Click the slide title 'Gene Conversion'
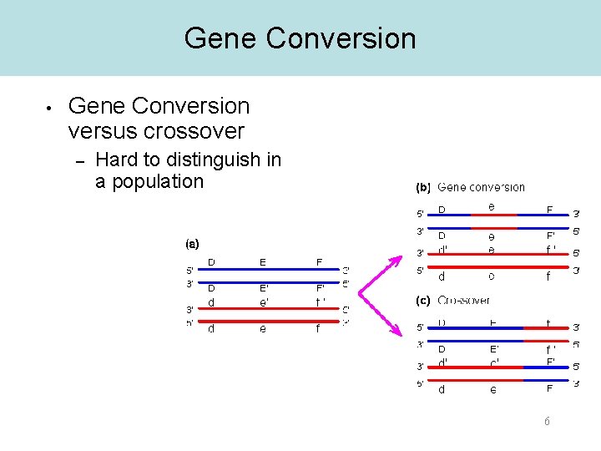click(300, 38)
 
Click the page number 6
click(547, 422)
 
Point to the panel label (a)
click(192, 244)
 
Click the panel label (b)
click(423, 187)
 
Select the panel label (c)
click(423, 301)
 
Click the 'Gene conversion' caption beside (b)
click(482, 187)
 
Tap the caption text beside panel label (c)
click(464, 301)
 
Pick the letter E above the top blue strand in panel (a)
click(263, 262)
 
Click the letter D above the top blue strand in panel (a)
click(211, 262)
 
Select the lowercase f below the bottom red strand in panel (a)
click(318, 329)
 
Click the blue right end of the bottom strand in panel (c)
click(547, 381)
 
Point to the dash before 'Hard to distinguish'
click(81, 160)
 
